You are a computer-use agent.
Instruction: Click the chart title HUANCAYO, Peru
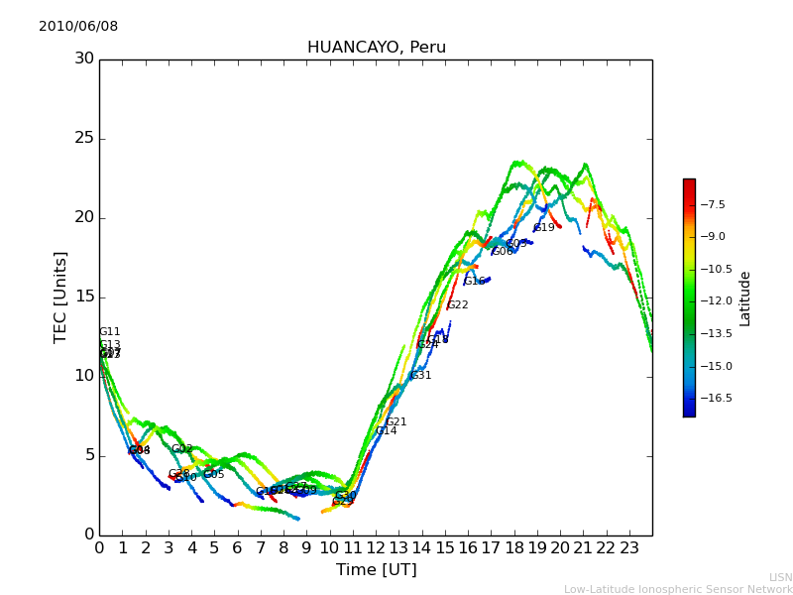[x=376, y=48]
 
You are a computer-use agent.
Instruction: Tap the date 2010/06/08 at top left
[x=78, y=27]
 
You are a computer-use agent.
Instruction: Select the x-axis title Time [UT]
[x=376, y=570]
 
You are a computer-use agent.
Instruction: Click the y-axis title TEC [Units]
[x=60, y=297]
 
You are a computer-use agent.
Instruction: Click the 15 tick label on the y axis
[x=84, y=297]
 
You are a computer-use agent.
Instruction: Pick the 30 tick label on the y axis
[x=84, y=59]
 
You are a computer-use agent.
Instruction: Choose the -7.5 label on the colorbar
[x=713, y=204]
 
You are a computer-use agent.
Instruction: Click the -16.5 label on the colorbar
[x=715, y=398]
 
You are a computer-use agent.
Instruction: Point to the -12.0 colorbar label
[x=715, y=300]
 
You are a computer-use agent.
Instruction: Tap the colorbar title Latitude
[x=745, y=297]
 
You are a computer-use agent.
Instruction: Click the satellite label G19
[x=544, y=228]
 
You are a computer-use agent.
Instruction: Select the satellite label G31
[x=420, y=376]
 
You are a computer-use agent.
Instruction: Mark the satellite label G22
[x=458, y=305]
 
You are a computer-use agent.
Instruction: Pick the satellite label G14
[x=386, y=431]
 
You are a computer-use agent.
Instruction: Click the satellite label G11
[x=109, y=332]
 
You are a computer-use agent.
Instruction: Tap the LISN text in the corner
[x=780, y=577]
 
